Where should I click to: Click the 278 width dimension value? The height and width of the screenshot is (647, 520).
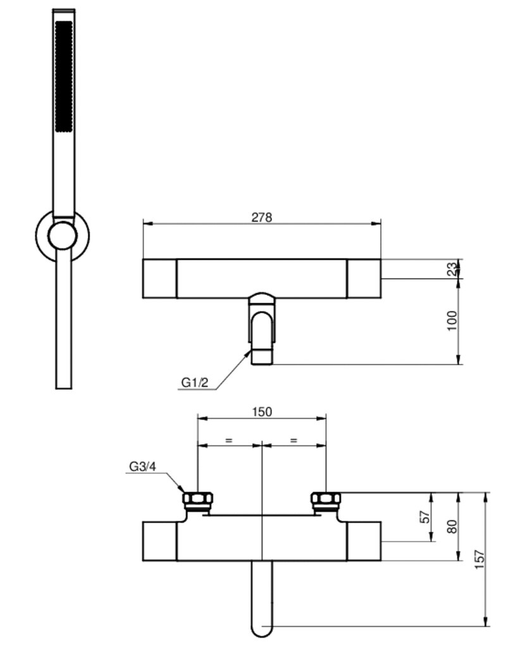tap(262, 217)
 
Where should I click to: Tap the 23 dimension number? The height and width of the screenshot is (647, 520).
tap(453, 269)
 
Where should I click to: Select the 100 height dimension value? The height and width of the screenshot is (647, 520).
tap(453, 320)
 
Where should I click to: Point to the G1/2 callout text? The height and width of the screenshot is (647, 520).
tap(195, 382)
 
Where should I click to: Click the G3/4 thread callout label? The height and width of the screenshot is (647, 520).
tap(143, 466)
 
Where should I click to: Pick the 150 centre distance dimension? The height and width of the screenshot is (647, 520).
tap(262, 412)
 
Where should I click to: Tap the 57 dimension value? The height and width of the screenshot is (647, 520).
tap(425, 517)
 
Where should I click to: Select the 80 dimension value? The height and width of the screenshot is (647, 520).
tap(453, 526)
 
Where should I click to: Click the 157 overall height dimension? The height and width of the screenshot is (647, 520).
tap(480, 560)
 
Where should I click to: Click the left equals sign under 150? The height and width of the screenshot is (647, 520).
tap(229, 440)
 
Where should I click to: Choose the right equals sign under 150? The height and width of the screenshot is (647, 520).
tap(294, 440)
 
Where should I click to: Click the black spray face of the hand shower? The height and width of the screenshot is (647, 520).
tap(64, 76)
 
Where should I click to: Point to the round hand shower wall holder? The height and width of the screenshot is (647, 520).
tap(63, 236)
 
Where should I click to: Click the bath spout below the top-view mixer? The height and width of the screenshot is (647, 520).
tap(261, 329)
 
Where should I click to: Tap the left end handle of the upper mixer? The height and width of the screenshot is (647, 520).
tap(159, 279)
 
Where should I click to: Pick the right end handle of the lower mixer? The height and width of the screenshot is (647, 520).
tap(364, 541)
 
